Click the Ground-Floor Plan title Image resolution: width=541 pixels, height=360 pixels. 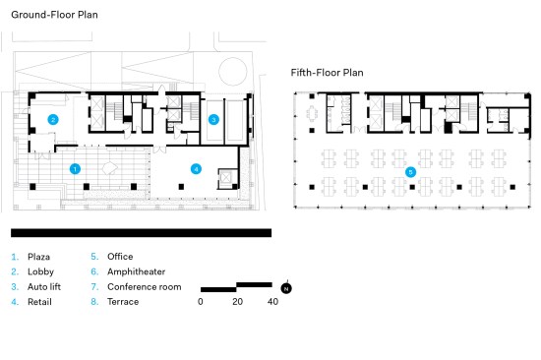point(54,15)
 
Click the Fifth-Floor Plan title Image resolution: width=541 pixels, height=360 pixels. point(328,73)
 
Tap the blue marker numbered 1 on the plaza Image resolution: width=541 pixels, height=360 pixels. point(75,169)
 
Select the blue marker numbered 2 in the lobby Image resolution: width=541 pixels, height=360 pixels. point(53,120)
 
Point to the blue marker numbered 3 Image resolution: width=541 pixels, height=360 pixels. point(213,120)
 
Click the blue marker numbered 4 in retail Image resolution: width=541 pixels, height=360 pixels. point(196,169)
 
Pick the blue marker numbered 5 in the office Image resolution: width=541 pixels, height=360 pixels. point(410,172)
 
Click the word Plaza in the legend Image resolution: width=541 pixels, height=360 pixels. point(38,257)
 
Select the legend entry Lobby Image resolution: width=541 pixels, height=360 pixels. point(40,272)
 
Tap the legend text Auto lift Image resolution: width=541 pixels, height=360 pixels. point(44,287)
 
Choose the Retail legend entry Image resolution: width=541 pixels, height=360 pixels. point(39,302)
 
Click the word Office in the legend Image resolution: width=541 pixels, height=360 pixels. point(120,257)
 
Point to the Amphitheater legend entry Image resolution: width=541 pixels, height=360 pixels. point(137,272)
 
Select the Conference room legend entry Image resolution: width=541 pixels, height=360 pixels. point(145,287)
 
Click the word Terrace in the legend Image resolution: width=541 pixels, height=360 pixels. point(123,302)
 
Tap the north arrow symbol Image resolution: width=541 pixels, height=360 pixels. point(286,288)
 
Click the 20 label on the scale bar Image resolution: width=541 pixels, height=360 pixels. point(237,302)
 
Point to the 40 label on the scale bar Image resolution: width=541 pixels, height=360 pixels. point(272,302)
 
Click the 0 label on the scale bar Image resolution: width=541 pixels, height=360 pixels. point(201,302)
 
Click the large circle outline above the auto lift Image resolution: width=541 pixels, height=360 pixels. point(233,58)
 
